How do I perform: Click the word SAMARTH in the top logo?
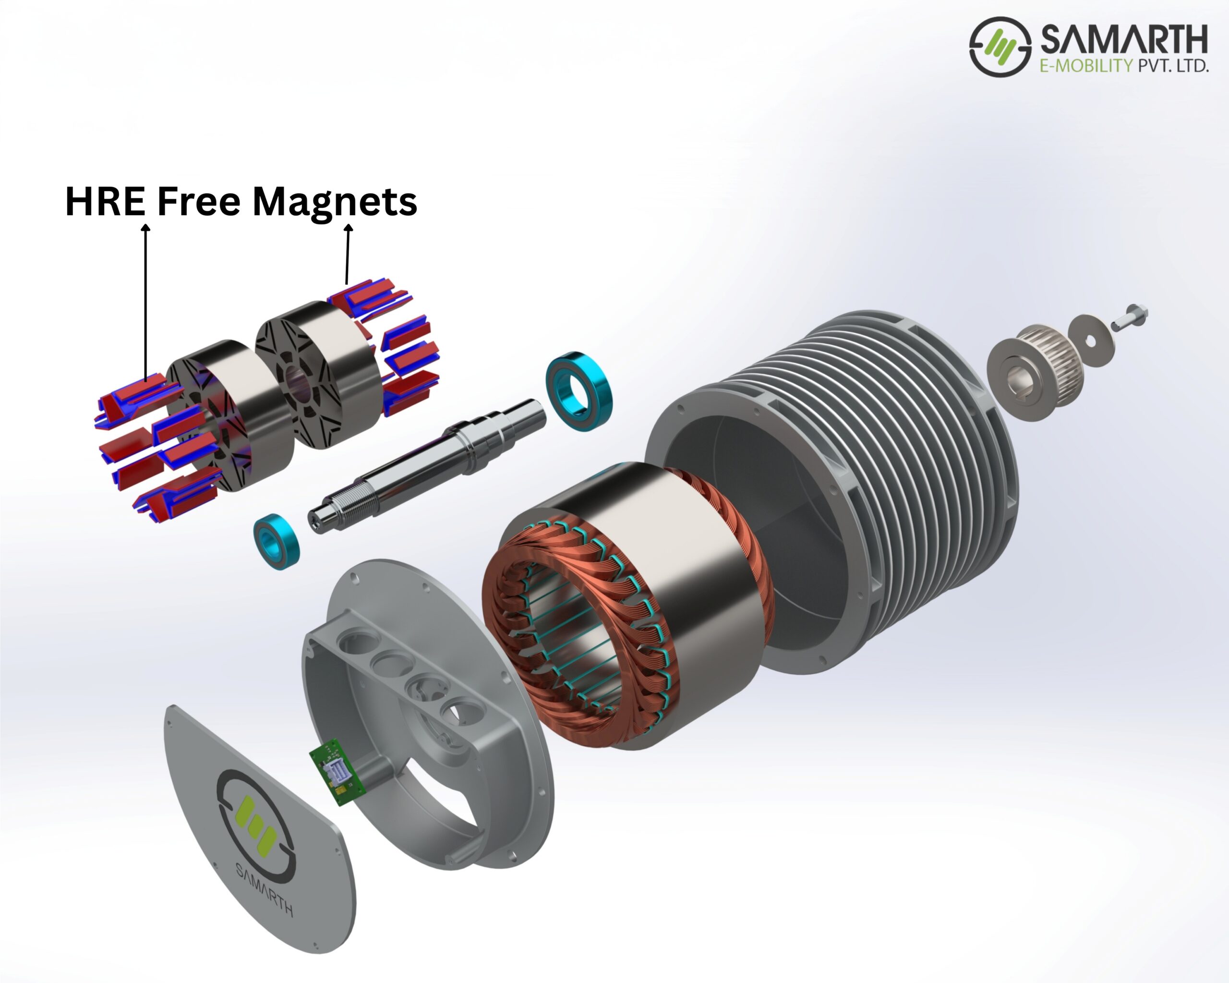pyautogui.click(x=1123, y=40)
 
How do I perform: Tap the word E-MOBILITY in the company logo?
pyautogui.click(x=1086, y=66)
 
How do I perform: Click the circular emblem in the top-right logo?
pyautogui.click(x=1000, y=47)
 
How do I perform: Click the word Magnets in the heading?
pyautogui.click(x=335, y=203)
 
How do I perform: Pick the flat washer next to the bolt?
pyautogui.click(x=1090, y=340)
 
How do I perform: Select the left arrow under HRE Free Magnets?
pyautogui.click(x=146, y=302)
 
